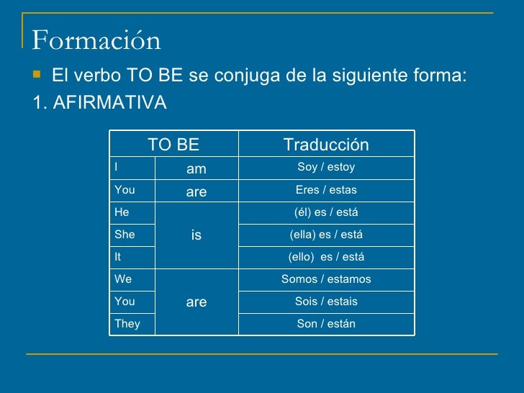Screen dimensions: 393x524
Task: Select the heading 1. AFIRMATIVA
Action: pos(99,103)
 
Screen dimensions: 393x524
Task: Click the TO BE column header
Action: pos(173,145)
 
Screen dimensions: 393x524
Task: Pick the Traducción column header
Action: pos(326,145)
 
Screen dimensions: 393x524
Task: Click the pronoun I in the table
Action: pos(116,168)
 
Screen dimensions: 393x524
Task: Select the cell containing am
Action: pos(196,168)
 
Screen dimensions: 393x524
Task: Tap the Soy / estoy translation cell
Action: pos(326,168)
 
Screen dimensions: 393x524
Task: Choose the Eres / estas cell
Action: pos(326,191)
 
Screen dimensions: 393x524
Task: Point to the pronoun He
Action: pos(121,213)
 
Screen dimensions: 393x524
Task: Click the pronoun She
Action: pos(124,235)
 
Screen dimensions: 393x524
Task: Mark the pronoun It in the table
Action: pos(117,257)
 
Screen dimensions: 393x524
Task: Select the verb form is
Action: pos(196,235)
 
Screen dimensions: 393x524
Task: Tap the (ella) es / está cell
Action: pos(326,235)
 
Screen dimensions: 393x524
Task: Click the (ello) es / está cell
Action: pos(326,257)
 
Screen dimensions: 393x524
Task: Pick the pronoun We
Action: pos(122,279)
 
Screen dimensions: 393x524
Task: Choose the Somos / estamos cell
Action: pos(326,279)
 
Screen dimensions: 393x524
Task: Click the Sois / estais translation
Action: pos(326,302)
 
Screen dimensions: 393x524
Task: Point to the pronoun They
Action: pos(127,324)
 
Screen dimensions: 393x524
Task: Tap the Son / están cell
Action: pos(326,324)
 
